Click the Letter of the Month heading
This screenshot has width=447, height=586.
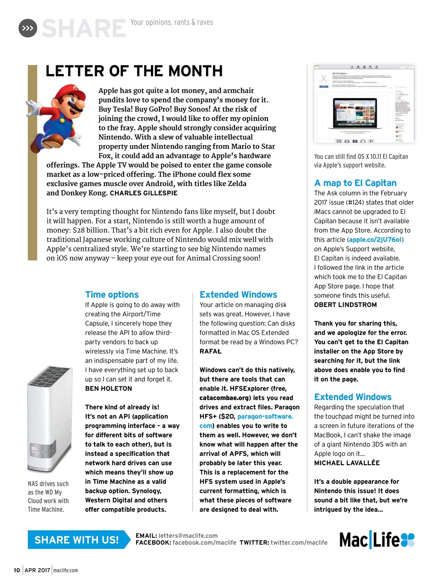click(x=134, y=71)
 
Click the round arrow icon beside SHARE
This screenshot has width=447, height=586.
click(x=27, y=28)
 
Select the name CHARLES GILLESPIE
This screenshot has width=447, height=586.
click(x=143, y=193)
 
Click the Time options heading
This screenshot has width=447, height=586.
click(x=112, y=294)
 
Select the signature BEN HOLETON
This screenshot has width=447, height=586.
click(x=109, y=388)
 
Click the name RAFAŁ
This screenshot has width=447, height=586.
click(x=210, y=351)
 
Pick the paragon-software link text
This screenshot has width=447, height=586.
click(x=265, y=417)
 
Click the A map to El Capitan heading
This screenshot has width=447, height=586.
click(x=355, y=183)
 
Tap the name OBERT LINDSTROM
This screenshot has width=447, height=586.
click(x=345, y=305)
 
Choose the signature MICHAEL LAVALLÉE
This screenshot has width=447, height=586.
click(x=347, y=463)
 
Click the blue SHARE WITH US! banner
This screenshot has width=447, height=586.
click(x=76, y=540)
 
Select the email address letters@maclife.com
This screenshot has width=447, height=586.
click(x=188, y=536)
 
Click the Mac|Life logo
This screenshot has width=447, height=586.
click(x=376, y=540)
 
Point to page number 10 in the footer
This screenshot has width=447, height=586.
click(x=17, y=570)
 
